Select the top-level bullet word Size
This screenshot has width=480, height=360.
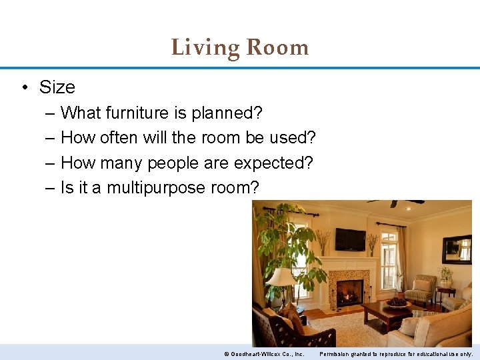57,87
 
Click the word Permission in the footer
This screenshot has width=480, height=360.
337,353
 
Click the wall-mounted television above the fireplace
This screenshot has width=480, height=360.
349,239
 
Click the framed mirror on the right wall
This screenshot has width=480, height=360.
457,249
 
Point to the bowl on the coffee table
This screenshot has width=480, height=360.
397,303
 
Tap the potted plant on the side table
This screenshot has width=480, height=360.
445,275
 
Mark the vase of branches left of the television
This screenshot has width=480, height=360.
323,241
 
